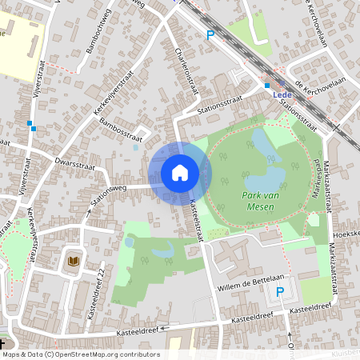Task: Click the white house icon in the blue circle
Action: point(180,172)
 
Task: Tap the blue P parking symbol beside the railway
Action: point(210,34)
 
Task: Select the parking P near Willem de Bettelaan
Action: point(279,293)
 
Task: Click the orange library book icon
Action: point(74,261)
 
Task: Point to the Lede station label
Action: point(282,94)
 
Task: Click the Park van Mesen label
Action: point(263,201)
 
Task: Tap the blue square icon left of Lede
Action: point(267,85)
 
